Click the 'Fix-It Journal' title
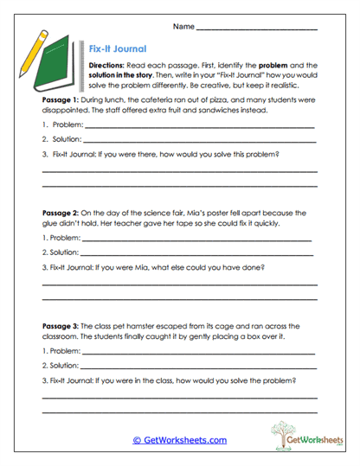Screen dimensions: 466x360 click(x=118, y=49)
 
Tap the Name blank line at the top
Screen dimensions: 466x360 click(x=256, y=29)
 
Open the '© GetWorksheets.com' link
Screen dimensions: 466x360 click(x=179, y=440)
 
